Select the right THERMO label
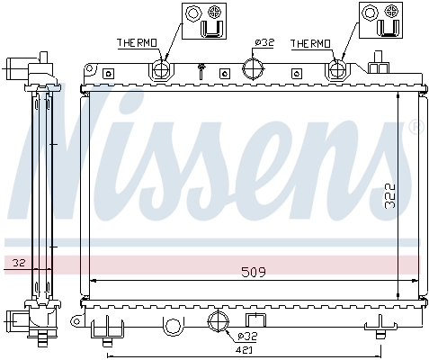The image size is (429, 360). (310, 43)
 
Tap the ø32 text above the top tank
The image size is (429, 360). (264, 43)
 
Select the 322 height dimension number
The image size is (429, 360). (389, 197)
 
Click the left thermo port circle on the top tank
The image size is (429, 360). (162, 70)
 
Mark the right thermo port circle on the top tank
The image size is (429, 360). (339, 70)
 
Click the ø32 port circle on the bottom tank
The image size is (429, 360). (219, 322)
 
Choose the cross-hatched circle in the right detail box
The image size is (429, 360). (392, 12)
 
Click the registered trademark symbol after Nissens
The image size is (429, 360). (415, 127)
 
